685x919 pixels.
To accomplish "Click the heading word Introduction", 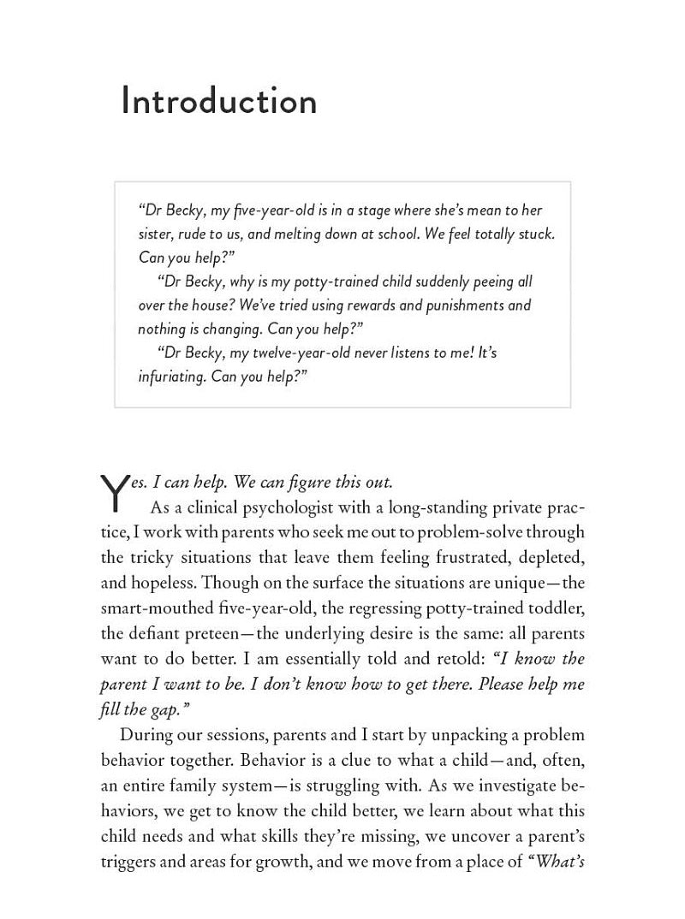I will point(219,101).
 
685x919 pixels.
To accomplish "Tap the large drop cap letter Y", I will point(114,495).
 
